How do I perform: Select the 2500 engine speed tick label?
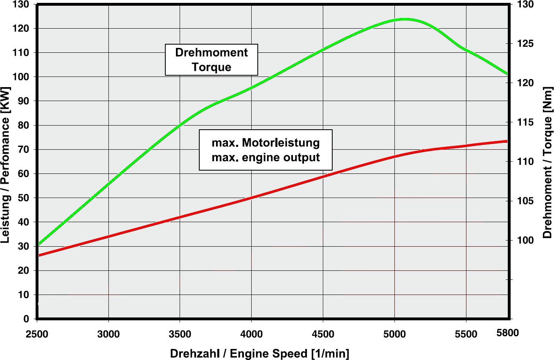pyautogui.click(x=37, y=334)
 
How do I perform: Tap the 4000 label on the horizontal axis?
pyautogui.click(x=251, y=334)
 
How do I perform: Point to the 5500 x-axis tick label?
pyautogui.click(x=466, y=334)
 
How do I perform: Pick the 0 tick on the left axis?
pyautogui.click(x=27, y=319)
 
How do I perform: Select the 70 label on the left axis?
pyautogui.click(x=24, y=150)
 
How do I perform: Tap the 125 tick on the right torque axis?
pyautogui.click(x=527, y=44)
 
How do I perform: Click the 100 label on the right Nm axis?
pyautogui.click(x=527, y=240)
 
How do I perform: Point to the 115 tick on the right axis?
pyautogui.click(x=527, y=122)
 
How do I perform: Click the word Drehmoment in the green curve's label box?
pyautogui.click(x=211, y=53)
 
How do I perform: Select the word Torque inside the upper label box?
pyautogui.click(x=211, y=67)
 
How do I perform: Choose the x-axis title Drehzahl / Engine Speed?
pyautogui.click(x=260, y=353)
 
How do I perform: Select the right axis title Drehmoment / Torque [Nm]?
pyautogui.click(x=547, y=162)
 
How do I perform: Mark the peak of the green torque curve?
pyautogui.click(x=404, y=19)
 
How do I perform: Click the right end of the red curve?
pyautogui.click(x=507, y=141)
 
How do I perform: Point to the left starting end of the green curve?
pyautogui.click(x=38, y=244)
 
